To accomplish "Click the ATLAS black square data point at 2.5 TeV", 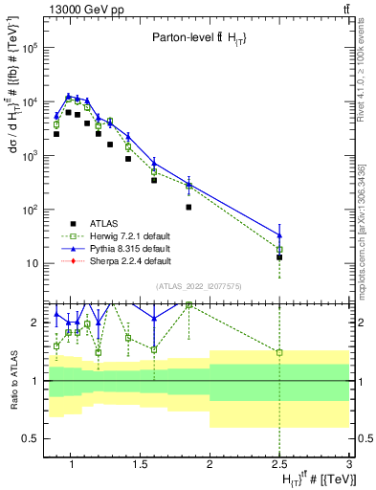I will click(x=279, y=257).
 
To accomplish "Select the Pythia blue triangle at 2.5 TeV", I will click(x=279, y=234).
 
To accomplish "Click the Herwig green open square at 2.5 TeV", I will click(x=279, y=250).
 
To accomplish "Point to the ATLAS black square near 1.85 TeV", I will click(x=188, y=207).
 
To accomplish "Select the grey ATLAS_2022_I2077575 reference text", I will click(x=206, y=286).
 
